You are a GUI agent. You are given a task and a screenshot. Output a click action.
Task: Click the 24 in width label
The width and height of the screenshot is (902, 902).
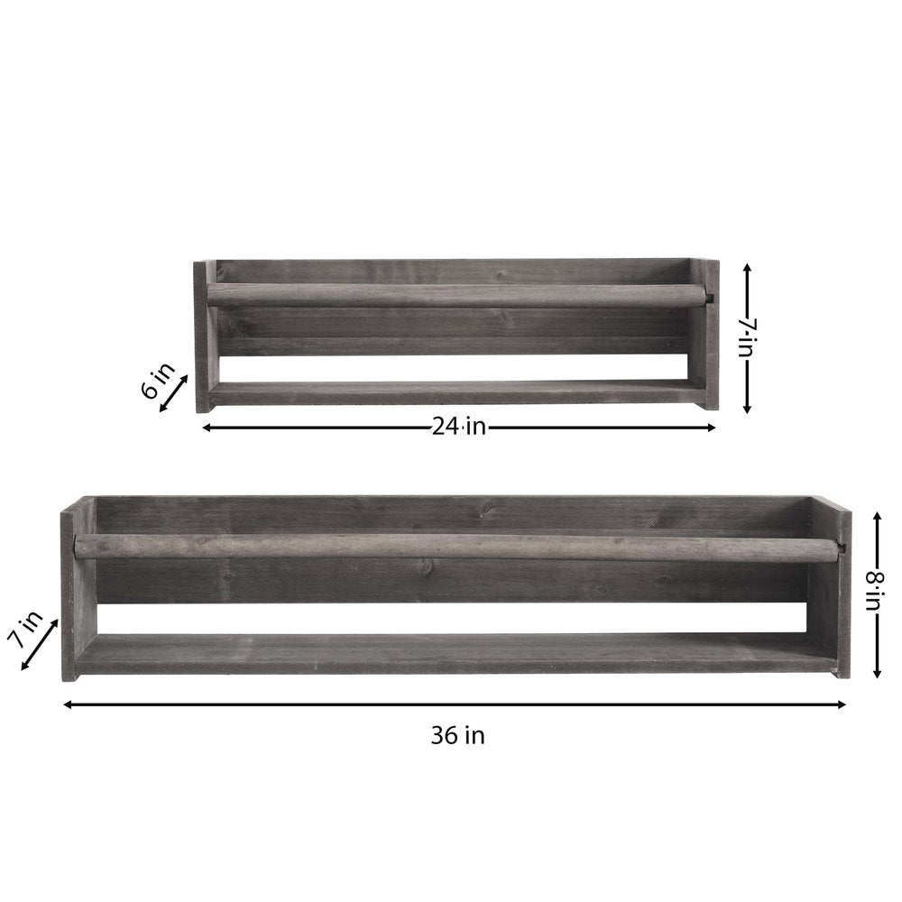[x=458, y=428]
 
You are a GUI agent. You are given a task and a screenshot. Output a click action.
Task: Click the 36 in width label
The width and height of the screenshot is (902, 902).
[x=457, y=736]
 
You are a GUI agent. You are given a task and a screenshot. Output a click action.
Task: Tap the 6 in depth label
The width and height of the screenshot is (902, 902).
[x=153, y=388]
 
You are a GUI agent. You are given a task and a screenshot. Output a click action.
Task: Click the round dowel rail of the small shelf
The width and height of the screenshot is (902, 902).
[x=456, y=296]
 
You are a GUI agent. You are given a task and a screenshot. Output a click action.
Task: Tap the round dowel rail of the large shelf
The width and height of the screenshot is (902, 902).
[x=456, y=547]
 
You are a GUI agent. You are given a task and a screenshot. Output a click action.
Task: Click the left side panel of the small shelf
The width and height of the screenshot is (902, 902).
[x=205, y=336]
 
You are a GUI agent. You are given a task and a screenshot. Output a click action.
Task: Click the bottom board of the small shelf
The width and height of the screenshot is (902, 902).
[x=456, y=393]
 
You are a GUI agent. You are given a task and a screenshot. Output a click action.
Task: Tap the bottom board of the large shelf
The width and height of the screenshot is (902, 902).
[x=456, y=655]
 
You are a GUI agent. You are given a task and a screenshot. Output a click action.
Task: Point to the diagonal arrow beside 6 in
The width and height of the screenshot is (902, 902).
[x=174, y=394]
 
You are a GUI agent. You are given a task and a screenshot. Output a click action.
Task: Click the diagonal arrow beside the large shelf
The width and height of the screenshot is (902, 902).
[x=39, y=644]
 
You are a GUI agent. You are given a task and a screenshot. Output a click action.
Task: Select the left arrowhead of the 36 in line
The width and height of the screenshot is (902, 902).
[x=67, y=704]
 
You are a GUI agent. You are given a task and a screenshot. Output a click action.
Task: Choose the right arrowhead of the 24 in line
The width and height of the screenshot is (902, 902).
[x=711, y=428]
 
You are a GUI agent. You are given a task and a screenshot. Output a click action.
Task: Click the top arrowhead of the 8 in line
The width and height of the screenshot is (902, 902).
[x=875, y=515]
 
